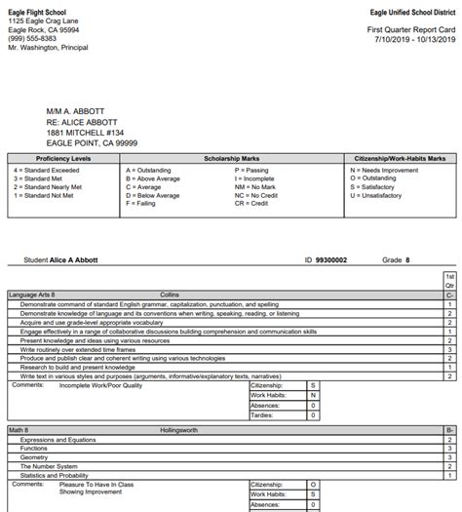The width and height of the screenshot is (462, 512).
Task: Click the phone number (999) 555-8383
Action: (x=32, y=37)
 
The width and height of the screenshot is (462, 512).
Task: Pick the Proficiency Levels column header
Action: (x=63, y=158)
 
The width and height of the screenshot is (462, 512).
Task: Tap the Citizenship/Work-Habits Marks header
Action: (x=398, y=158)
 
